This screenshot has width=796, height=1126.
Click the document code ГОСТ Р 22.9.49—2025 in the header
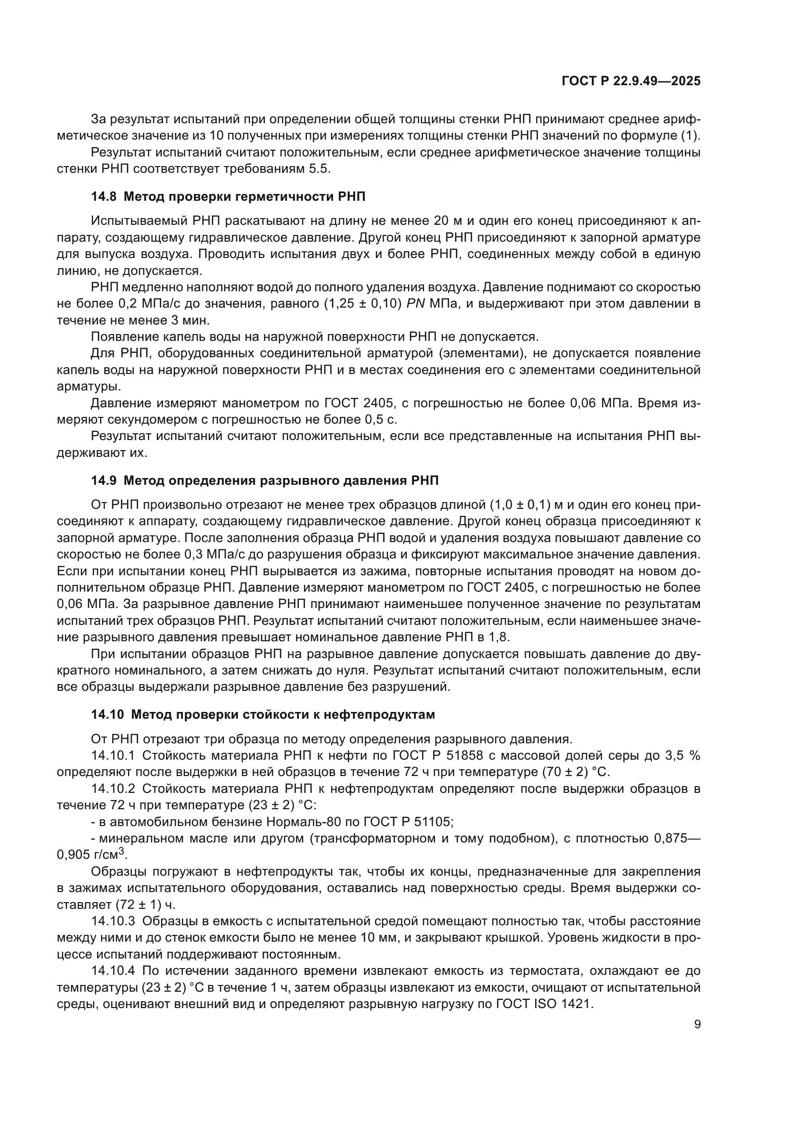pyautogui.click(x=631, y=81)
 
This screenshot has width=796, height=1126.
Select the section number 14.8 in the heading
pyautogui.click(x=103, y=197)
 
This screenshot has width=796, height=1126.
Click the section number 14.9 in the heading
pyautogui.click(x=103, y=480)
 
